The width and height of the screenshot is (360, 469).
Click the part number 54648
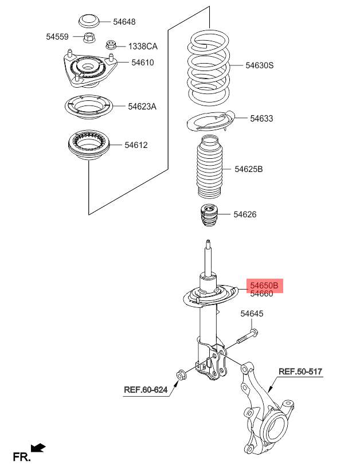[124, 22]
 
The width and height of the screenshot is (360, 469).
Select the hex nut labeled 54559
[88, 37]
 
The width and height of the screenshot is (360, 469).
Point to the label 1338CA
[143, 46]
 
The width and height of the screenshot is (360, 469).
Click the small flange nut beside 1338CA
[111, 45]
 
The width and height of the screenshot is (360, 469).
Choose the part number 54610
[143, 62]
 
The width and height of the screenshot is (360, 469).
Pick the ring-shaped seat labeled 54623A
[89, 107]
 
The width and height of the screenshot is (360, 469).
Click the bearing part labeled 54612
[89, 145]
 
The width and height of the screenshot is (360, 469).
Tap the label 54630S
[260, 65]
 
